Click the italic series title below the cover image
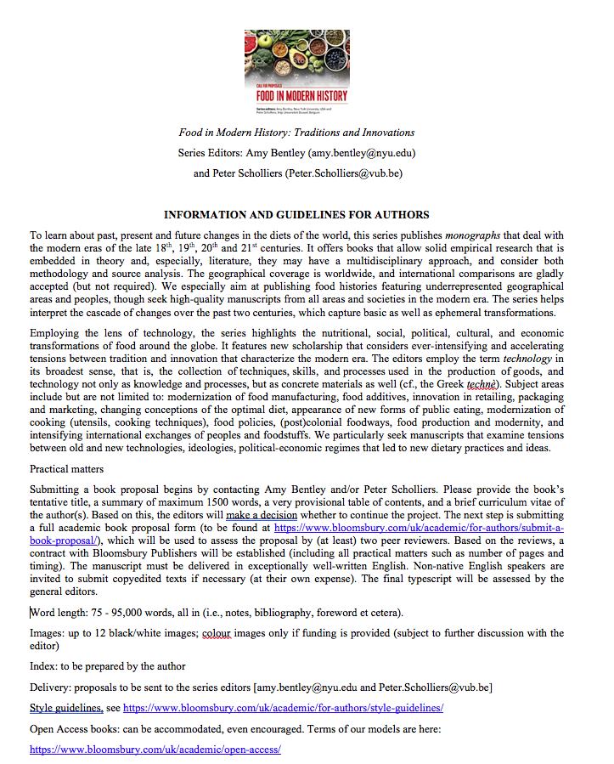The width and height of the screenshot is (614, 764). tap(296, 133)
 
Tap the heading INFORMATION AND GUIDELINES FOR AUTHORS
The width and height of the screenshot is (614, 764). tap(296, 214)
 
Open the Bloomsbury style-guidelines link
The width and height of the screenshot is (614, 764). tap(283, 707)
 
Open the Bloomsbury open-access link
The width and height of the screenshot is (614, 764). tap(155, 750)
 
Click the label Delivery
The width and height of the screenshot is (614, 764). tap(52, 687)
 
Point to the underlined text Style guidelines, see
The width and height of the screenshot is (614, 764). tap(75, 707)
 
